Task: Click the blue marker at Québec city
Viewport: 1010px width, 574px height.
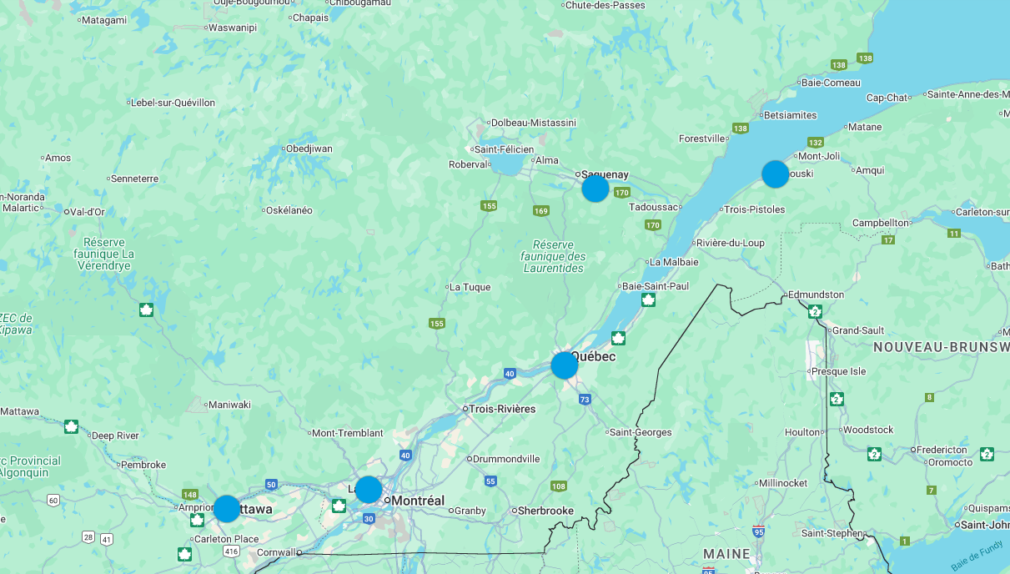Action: point(565,365)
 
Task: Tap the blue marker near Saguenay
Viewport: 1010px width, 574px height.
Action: point(595,189)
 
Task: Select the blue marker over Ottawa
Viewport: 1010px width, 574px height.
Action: point(227,508)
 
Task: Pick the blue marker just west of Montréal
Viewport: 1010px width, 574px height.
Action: point(369,489)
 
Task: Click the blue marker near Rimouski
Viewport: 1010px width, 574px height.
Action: point(775,174)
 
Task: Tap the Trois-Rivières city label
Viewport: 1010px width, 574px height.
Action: point(502,409)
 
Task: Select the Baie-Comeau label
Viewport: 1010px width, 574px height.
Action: point(830,83)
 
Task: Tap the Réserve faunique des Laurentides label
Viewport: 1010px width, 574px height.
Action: point(554,256)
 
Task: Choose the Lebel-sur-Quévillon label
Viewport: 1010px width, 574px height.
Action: point(173,103)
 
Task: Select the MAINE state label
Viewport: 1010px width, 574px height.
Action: point(726,554)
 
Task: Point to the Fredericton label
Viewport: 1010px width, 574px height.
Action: point(942,450)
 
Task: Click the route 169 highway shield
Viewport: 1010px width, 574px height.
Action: point(541,211)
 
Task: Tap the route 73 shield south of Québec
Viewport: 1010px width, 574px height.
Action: point(585,400)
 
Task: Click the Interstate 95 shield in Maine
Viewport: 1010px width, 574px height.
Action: point(758,531)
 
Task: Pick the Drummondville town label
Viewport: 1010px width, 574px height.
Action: point(506,459)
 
